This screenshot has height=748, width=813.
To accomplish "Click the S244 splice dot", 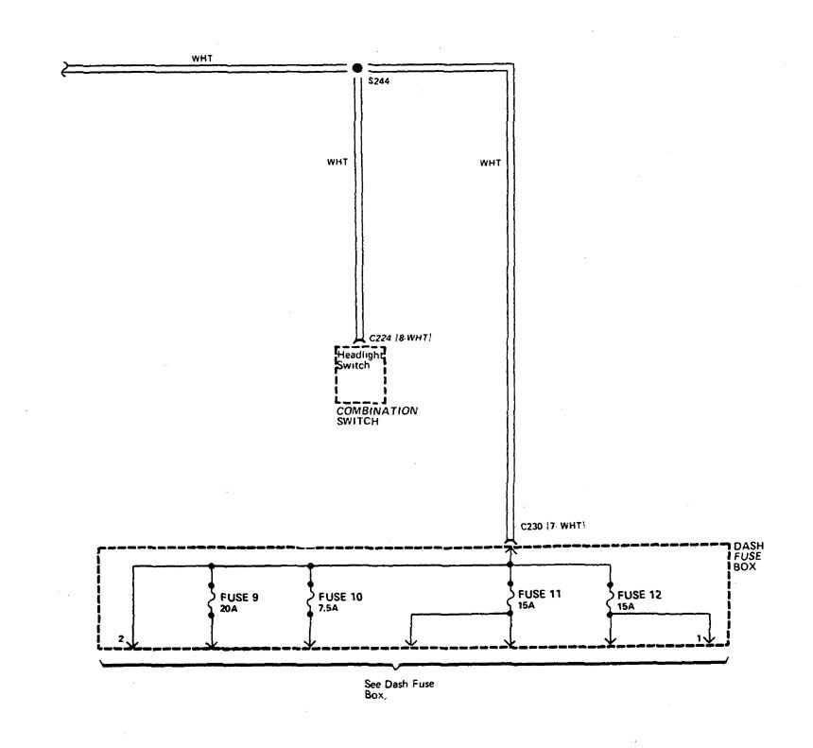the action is pyautogui.click(x=357, y=68).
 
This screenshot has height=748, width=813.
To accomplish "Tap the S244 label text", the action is pyautogui.click(x=378, y=81).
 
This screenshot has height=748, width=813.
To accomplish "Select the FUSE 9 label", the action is pyautogui.click(x=239, y=597).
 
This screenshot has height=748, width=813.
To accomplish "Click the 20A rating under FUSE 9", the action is pyautogui.click(x=229, y=609).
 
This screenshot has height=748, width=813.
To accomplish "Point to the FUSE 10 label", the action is pyautogui.click(x=340, y=597).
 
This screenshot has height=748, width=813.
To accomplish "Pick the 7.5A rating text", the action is pyautogui.click(x=328, y=608).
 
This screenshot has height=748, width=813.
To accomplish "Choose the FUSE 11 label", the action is pyautogui.click(x=539, y=594).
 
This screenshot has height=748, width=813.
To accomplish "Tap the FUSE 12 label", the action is pyautogui.click(x=639, y=595).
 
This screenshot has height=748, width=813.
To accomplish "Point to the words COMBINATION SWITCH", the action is pyautogui.click(x=376, y=416).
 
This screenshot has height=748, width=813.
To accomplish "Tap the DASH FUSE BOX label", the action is pyautogui.click(x=748, y=556).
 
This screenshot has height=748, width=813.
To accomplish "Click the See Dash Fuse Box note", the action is pyautogui.click(x=399, y=689).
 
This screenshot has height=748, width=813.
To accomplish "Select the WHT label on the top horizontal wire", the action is pyautogui.click(x=201, y=59).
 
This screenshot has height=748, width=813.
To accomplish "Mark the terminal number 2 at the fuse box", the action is pyautogui.click(x=121, y=639).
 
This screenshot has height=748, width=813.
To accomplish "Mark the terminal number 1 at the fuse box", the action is pyautogui.click(x=699, y=638).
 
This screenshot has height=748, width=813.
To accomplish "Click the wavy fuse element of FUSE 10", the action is pyautogui.click(x=310, y=600).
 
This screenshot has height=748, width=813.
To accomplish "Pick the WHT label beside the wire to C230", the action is pyautogui.click(x=490, y=163).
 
